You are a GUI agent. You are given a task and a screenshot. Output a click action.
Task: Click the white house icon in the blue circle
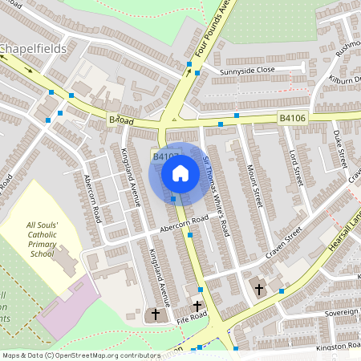tap(180, 172)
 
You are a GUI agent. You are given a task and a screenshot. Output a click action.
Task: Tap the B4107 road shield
tap(164, 157)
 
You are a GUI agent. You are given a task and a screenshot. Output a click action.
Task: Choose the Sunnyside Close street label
tap(248, 71)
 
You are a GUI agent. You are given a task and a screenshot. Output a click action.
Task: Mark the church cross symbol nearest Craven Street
tap(258, 288)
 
